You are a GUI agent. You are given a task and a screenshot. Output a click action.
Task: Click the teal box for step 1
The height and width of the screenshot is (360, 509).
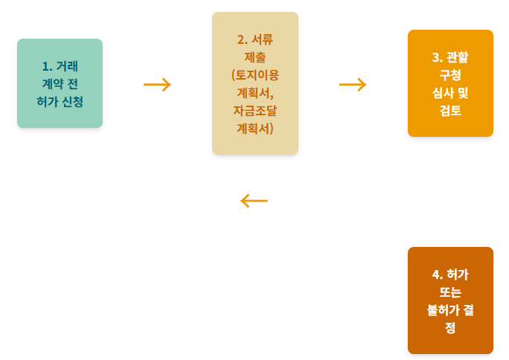(60, 83)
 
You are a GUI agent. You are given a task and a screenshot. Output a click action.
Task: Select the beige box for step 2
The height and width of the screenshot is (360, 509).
(254, 83)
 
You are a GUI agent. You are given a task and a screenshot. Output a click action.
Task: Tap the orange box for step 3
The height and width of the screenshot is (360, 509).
(450, 83)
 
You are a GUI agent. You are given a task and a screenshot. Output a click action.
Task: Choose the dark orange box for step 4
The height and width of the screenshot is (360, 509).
(450, 300)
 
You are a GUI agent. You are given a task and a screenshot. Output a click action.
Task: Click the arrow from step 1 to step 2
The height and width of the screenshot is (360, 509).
(157, 84)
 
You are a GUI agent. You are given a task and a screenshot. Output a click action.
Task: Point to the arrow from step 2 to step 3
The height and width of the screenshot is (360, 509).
(353, 84)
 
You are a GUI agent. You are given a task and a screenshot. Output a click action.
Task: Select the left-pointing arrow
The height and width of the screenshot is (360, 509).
(254, 201)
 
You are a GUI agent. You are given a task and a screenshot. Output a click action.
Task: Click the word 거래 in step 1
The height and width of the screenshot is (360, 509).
(67, 65)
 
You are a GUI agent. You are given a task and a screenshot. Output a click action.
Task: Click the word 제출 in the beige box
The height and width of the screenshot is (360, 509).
(255, 57)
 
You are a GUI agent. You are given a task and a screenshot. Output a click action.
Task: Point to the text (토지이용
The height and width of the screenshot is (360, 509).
(255, 74)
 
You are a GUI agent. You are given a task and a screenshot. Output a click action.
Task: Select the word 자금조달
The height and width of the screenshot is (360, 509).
(255, 110)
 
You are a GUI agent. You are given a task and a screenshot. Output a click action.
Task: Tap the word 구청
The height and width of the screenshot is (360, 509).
(450, 74)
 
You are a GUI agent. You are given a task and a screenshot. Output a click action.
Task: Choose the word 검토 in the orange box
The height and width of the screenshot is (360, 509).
(450, 111)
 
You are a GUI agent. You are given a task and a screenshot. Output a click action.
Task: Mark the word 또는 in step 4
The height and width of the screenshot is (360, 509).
(450, 292)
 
